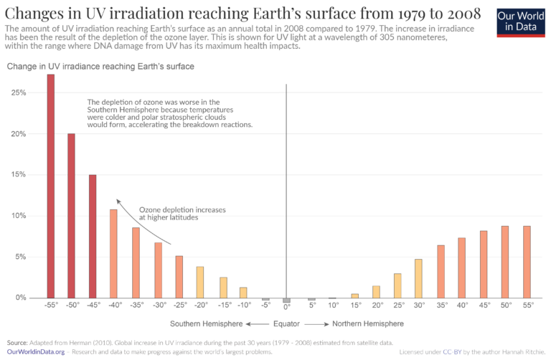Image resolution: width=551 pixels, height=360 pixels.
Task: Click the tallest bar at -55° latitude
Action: (x=50, y=186)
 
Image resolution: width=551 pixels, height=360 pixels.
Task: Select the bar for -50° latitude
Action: (x=71, y=215)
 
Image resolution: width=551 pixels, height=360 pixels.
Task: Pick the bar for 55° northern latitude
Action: (x=528, y=262)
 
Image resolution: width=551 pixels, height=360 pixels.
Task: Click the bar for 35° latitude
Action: (x=441, y=271)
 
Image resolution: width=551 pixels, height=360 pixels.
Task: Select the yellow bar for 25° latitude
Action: (x=397, y=285)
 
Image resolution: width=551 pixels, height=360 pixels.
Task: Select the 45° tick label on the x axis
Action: (x=484, y=305)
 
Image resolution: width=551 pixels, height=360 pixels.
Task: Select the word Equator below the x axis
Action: (x=286, y=323)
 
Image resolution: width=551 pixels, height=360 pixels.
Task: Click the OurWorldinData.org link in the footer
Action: (x=36, y=352)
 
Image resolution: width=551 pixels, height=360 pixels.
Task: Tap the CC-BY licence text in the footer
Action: (x=450, y=352)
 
